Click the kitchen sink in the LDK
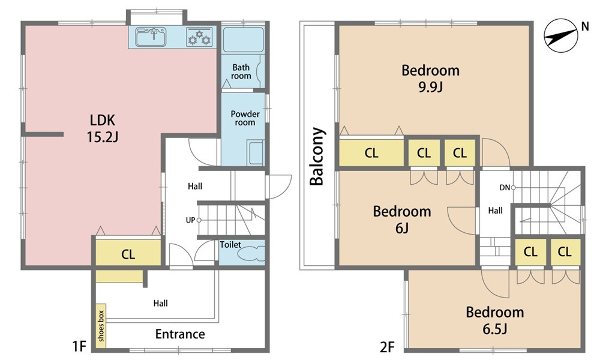151,37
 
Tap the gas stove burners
199,37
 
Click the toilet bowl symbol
252,253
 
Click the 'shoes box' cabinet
101,326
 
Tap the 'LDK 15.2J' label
102,128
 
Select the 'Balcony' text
317,156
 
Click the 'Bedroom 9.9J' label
430,79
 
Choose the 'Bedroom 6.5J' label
495,320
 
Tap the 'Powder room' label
245,118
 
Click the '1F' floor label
79,347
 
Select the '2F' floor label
387,347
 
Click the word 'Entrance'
180,334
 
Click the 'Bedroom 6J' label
402,219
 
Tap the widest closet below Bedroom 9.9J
371,153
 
